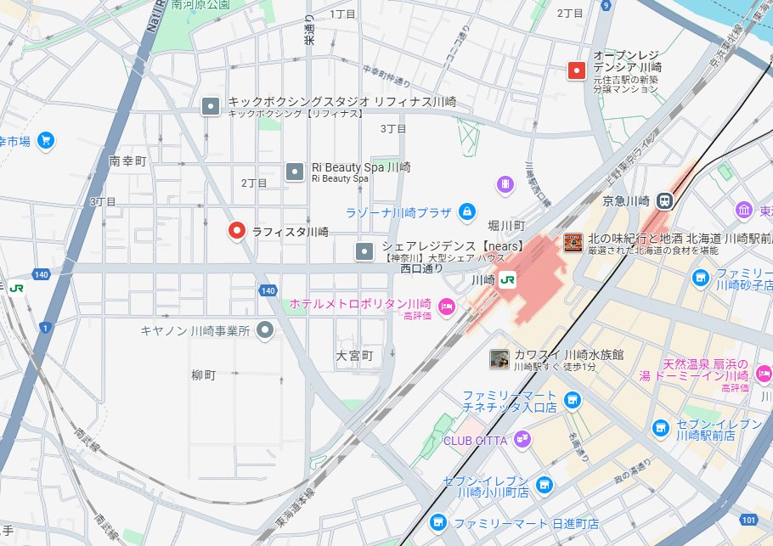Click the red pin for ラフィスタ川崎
coord(237,230)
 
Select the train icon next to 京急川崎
coord(665,201)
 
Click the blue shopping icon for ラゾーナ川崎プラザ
coord(465,211)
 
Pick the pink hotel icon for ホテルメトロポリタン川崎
coord(447,305)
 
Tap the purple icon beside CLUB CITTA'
coord(522,440)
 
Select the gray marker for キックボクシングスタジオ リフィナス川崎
coord(211,107)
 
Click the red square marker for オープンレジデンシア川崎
coord(578,70)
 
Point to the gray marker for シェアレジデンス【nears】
coord(364,251)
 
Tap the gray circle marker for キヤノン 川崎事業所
coord(266,330)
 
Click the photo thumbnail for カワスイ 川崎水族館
coord(499,359)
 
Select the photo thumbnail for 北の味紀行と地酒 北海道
coord(573,243)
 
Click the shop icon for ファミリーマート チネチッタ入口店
coord(572,399)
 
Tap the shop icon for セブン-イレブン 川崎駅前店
coord(660,428)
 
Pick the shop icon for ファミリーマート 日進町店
coord(438,523)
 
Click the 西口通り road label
coord(422,268)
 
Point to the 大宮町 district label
coord(354,356)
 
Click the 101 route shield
coord(748,519)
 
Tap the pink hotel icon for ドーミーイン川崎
coord(764,372)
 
